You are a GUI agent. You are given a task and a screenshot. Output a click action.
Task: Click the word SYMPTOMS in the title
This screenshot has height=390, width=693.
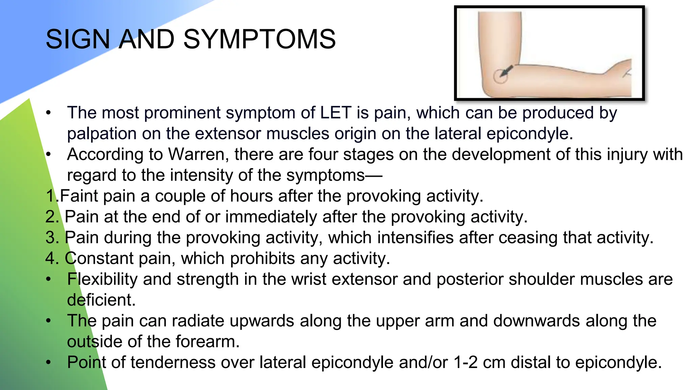259,39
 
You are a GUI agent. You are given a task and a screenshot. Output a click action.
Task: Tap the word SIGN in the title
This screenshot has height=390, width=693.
76,39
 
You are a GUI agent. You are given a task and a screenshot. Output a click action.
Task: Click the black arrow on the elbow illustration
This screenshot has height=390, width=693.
507,71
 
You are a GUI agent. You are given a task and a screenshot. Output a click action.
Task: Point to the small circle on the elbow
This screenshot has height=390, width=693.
500,77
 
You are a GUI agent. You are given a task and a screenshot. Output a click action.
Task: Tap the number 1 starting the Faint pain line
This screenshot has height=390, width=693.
50,196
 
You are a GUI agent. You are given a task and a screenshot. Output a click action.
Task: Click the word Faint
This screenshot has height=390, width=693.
79,196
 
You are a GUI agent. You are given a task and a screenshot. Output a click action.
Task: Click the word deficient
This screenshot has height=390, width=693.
101,300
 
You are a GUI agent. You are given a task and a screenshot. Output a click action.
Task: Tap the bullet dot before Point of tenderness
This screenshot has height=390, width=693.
49,363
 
